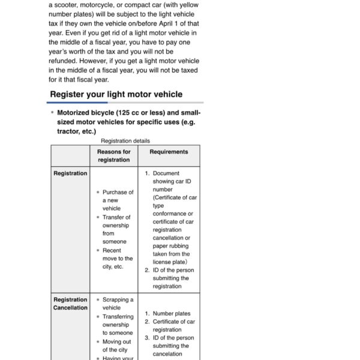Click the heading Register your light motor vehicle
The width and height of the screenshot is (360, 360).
(x=116, y=94)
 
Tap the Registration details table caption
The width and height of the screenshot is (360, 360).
(x=125, y=140)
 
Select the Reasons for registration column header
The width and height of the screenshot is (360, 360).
(x=113, y=156)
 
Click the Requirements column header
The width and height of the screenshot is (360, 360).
(x=169, y=152)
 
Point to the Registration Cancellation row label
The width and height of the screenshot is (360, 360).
(x=70, y=304)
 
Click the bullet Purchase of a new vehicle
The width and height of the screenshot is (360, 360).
(x=118, y=200)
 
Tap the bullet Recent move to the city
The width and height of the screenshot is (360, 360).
(x=117, y=259)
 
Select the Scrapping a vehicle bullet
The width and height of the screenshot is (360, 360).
(x=118, y=304)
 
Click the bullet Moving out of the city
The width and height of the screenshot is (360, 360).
(x=115, y=346)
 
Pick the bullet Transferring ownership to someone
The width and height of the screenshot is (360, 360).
(x=118, y=325)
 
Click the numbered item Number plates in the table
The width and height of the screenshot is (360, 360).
(x=171, y=313)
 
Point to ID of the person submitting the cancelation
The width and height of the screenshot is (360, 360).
(x=173, y=346)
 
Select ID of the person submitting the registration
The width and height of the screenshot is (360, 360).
(x=173, y=278)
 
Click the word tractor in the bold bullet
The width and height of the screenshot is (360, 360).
(x=68, y=131)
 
